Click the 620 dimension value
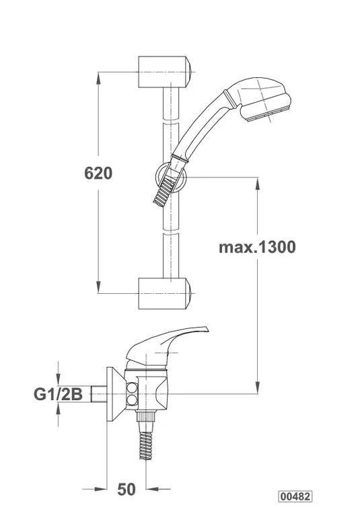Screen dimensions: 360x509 98,173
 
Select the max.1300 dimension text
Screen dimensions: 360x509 257,247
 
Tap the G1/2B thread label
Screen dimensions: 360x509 58,394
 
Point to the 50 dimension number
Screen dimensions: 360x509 127,490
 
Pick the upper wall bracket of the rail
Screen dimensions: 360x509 164,72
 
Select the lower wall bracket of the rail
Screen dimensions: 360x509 164,293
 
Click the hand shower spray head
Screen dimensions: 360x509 263,98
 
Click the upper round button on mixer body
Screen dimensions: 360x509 132,388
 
